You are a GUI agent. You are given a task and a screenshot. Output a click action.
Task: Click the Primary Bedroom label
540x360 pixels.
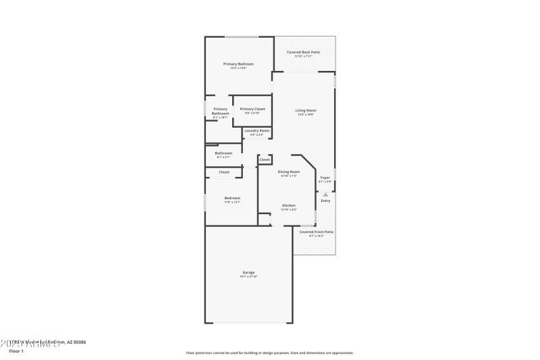(x=238, y=63)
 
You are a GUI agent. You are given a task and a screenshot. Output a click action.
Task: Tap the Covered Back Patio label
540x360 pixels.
(x=303, y=52)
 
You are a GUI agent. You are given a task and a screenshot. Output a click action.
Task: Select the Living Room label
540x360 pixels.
(x=306, y=110)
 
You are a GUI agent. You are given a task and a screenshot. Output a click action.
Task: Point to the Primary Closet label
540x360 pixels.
(x=252, y=109)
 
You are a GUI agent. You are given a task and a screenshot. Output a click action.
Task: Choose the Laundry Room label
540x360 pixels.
(x=257, y=130)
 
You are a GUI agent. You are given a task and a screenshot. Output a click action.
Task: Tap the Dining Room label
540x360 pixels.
(x=289, y=172)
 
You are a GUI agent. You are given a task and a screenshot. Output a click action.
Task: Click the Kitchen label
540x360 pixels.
(x=289, y=205)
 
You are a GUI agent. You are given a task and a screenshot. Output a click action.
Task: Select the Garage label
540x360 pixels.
(x=248, y=272)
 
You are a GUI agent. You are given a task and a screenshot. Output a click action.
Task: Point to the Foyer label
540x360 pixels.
(x=325, y=178)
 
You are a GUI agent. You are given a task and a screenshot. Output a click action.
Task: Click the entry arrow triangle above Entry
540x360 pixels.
(x=325, y=194)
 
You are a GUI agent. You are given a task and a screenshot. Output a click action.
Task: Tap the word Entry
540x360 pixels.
(x=325, y=201)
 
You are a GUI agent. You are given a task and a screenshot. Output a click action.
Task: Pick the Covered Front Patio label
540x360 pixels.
(x=317, y=232)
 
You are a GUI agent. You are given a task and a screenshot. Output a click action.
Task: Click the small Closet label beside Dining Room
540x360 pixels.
(x=265, y=159)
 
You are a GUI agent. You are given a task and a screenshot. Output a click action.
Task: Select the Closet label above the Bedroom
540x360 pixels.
(x=223, y=172)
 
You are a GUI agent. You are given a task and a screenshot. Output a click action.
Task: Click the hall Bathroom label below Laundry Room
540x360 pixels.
(x=223, y=153)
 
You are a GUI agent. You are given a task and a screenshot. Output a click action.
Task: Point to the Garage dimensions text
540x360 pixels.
(x=248, y=276)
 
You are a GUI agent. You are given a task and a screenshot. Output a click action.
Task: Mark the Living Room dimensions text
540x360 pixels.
(x=306, y=114)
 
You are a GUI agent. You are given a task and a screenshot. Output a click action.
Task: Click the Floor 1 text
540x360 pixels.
(x=16, y=351)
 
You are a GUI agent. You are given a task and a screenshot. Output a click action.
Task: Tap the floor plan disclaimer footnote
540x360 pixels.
(x=269, y=353)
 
